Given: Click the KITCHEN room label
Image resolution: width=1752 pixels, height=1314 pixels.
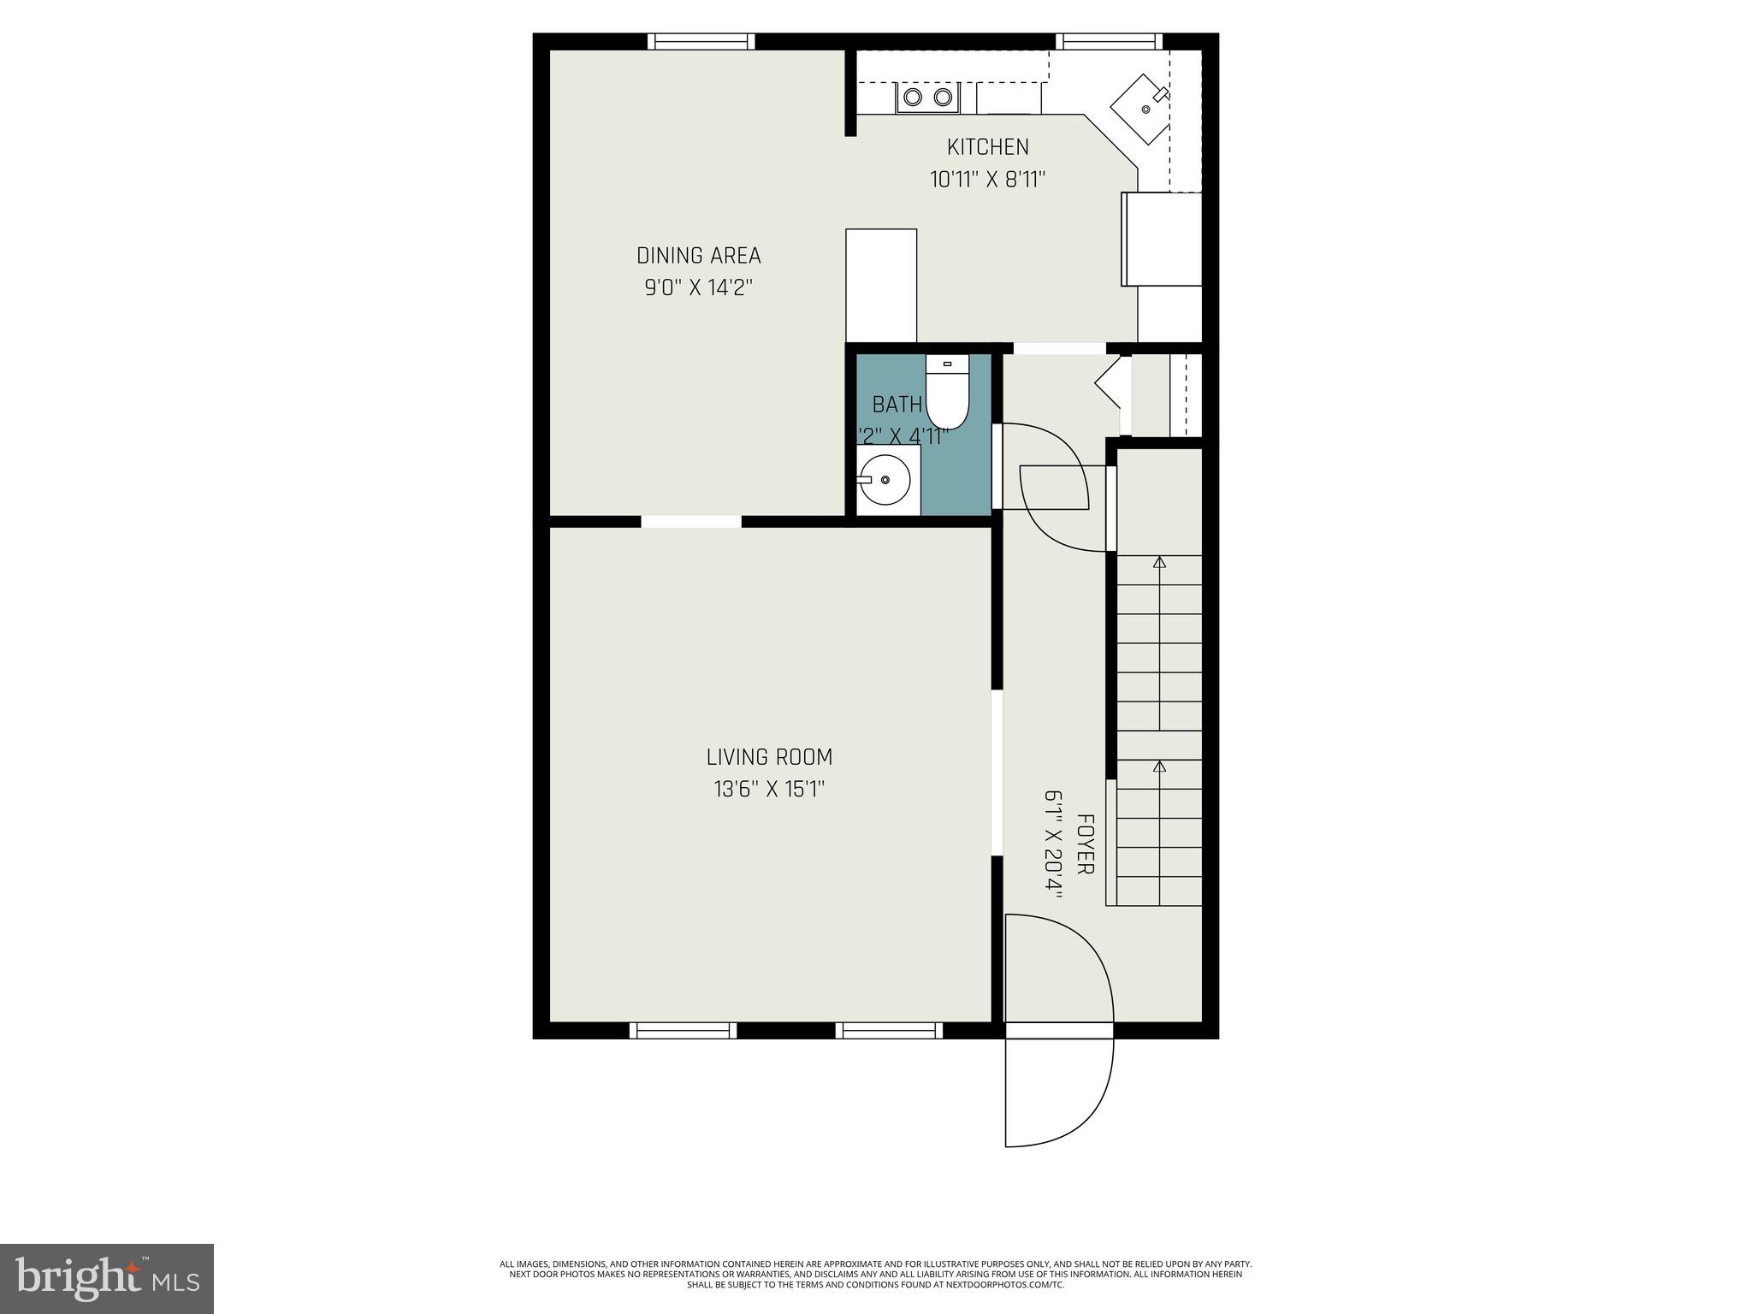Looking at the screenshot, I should click(x=988, y=147).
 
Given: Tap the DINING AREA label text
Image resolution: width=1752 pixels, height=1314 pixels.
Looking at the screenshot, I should click(x=698, y=256).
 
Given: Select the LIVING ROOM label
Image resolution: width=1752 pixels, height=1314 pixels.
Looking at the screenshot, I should click(x=769, y=757).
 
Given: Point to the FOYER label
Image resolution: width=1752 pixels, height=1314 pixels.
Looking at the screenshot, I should click(x=1085, y=843).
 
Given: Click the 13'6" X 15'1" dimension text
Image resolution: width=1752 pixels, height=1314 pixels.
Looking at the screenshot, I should click(x=769, y=789).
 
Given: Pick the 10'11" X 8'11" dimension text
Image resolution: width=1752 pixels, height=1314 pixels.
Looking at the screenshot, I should click(x=988, y=180).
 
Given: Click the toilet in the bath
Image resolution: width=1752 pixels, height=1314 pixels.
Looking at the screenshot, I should click(x=947, y=395).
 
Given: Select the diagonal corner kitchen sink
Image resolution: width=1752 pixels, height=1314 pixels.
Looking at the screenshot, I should click(x=1140, y=109).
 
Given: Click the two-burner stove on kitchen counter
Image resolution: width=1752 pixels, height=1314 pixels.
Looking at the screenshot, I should click(x=928, y=98).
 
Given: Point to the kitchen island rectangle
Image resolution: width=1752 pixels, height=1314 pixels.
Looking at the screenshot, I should click(x=881, y=286).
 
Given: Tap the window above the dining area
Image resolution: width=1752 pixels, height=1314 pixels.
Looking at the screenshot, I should click(x=701, y=41).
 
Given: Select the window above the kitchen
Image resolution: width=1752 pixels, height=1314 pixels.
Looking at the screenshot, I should click(x=1109, y=41).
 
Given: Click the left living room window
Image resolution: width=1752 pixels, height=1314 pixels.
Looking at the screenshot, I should click(x=683, y=1030).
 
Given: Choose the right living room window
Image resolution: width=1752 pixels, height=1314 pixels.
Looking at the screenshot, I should click(x=889, y=1030).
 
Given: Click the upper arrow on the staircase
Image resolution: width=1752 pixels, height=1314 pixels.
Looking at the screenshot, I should click(x=1159, y=562).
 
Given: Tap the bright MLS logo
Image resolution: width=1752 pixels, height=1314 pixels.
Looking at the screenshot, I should click(x=107, y=1278).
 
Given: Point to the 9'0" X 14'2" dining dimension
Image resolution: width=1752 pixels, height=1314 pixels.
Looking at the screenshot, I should click(x=698, y=287).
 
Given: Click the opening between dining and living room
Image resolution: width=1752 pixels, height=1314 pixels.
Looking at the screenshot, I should click(x=691, y=521).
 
